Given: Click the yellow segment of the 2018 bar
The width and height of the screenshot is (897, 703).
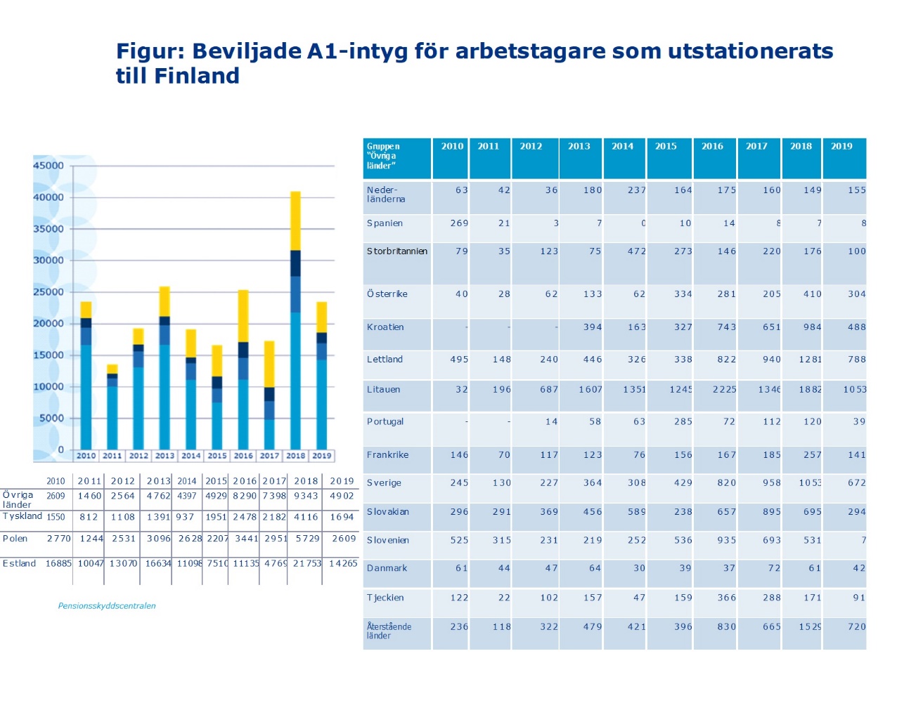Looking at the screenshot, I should click(295, 221).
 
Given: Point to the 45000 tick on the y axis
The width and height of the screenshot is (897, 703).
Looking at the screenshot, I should click(49, 166).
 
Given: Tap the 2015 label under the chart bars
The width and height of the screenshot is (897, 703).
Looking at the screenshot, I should click(217, 456).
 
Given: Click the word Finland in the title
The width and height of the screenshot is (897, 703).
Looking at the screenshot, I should click(197, 76).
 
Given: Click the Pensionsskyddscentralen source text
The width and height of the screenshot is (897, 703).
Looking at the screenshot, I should click(107, 606).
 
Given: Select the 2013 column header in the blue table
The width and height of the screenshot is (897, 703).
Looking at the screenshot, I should click(579, 147).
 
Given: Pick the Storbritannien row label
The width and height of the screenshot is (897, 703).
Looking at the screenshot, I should click(396, 251).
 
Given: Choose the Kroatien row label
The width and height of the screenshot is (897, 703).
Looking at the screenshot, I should click(385, 327).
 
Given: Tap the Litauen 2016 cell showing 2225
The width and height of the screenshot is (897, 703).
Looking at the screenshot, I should click(724, 390).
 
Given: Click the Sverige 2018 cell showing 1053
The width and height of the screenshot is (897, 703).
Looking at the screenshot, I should click(810, 483).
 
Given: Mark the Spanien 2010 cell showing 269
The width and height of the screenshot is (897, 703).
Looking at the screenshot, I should click(459, 223).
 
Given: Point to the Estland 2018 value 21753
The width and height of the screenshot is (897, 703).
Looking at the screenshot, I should click(307, 563).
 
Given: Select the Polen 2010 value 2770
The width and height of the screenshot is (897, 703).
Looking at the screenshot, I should click(59, 539).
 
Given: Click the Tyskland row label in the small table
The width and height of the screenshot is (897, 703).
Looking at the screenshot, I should click(22, 516).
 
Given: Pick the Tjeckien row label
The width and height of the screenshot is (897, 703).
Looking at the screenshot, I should click(385, 598).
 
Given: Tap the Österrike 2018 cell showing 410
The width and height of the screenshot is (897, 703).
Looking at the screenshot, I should click(813, 294).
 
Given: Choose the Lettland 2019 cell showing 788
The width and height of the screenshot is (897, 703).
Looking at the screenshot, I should click(856, 360).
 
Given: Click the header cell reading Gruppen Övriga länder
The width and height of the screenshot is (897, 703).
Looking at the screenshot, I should click(383, 156).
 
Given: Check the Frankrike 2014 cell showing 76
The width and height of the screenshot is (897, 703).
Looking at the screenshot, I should click(639, 455).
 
